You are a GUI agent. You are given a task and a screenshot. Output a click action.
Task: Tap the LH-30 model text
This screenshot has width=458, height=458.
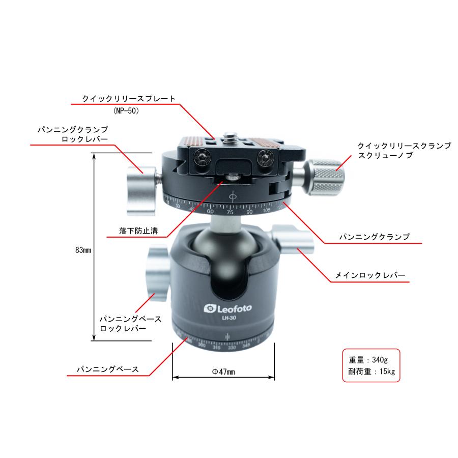[x=228, y=319]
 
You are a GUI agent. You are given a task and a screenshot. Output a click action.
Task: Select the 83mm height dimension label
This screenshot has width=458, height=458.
[x=82, y=250]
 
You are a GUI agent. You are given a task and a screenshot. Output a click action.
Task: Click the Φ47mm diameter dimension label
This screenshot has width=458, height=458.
[x=223, y=372]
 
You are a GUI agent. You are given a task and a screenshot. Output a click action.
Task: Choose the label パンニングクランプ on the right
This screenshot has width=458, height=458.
[x=375, y=237]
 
